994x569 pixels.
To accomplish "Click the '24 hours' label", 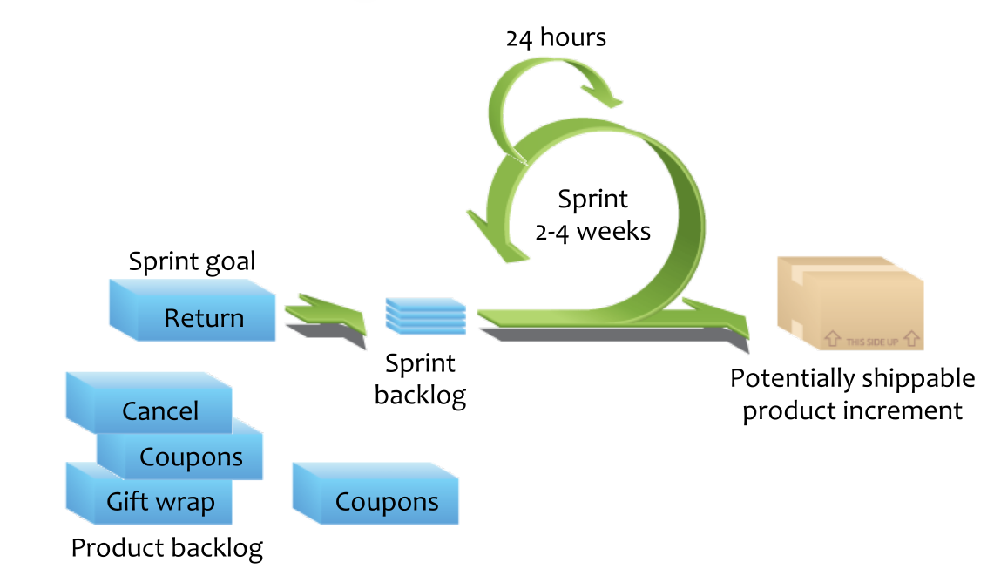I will pyautogui.click(x=556, y=37).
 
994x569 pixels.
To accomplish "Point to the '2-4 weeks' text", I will pyautogui.click(x=592, y=232).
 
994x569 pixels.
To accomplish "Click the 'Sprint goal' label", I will pyautogui.click(x=192, y=261).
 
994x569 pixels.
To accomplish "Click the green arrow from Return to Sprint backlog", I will pyautogui.click(x=327, y=311).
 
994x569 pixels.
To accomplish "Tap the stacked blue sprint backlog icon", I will pyautogui.click(x=426, y=314).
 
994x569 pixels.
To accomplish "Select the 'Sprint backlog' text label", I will pyautogui.click(x=420, y=379).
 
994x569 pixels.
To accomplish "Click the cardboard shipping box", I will pyautogui.click(x=849, y=302).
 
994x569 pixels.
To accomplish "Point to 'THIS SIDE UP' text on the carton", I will pyautogui.click(x=872, y=342).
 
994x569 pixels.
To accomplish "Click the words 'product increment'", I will pyautogui.click(x=852, y=410).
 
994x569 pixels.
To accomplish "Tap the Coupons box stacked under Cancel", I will pyautogui.click(x=187, y=457).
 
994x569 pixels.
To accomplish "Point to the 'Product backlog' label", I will pyautogui.click(x=166, y=548).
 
